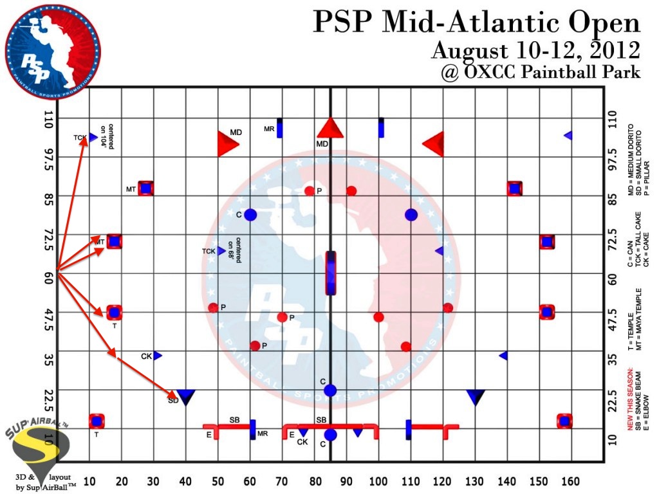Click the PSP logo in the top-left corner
pos(53,51)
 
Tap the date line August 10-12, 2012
pos(535,50)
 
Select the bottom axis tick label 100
pos(378,482)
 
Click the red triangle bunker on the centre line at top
pos(331,127)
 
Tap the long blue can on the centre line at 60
pos(331,273)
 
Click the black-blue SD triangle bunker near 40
pos(186,397)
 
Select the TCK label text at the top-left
pos(79,138)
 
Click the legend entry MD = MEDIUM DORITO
pos(630,154)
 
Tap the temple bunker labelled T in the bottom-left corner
pos(97,421)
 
